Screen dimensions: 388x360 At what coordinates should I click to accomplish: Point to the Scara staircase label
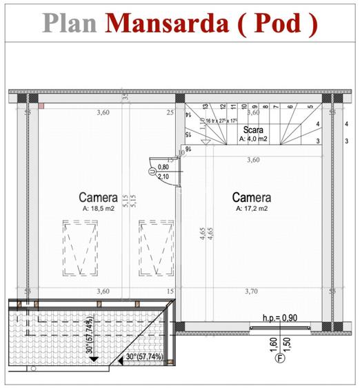[x=252, y=129]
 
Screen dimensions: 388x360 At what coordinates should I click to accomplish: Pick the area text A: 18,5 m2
[x=98, y=207]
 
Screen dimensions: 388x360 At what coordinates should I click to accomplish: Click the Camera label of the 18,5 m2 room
[x=98, y=197]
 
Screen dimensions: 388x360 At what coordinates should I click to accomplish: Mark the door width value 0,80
[x=163, y=167]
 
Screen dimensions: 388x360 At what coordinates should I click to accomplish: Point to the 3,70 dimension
[x=253, y=292]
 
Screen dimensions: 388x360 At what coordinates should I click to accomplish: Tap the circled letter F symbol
[x=281, y=358]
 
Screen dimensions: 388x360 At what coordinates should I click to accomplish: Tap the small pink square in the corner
[x=41, y=105]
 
